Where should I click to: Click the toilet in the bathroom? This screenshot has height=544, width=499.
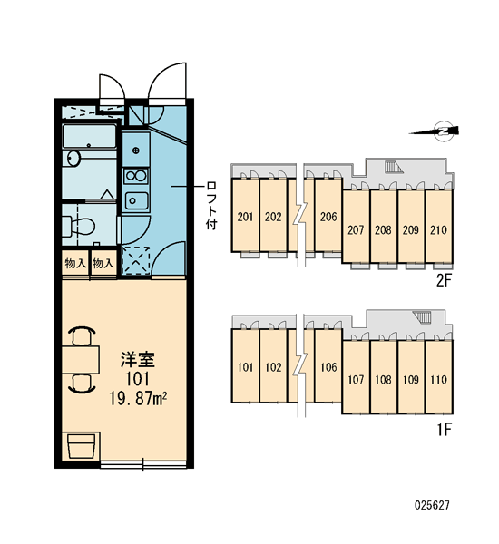coord(79,226)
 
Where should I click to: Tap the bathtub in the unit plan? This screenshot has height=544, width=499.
coord(89,136)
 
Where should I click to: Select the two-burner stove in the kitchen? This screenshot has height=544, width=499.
coord(136,176)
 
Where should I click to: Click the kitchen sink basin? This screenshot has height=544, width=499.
coord(136,200)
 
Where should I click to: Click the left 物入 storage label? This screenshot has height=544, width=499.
coord(75,264)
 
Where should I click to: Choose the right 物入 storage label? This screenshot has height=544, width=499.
coord(103,264)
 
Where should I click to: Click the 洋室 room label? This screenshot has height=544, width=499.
coord(138,359)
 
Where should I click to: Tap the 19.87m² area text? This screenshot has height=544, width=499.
coord(138,398)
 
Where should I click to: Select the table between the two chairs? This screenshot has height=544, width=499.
coord(81,359)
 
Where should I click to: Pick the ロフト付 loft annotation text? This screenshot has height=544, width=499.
coord(211,205)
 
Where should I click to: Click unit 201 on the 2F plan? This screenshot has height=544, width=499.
coord(245,217)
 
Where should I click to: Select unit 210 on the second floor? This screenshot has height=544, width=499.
coord(438,229)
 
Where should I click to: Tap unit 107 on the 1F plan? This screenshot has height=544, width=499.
coord(356,380)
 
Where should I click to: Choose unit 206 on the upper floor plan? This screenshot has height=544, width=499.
coord(328,217)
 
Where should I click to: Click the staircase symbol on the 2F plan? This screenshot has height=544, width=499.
coord(394,167)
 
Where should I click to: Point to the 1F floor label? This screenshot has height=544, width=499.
coord(444,430)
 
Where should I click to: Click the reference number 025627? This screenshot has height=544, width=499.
coord(432,505)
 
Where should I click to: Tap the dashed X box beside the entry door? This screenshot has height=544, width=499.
coord(136,260)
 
